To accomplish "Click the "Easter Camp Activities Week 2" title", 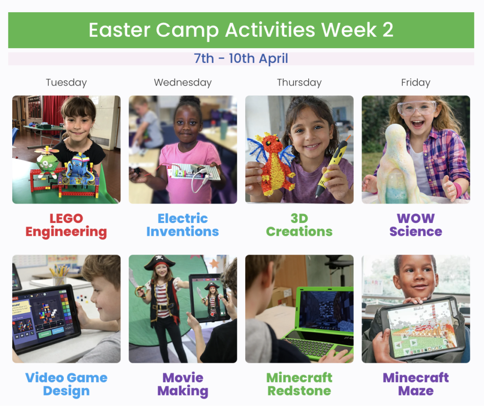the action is [x=241, y=30].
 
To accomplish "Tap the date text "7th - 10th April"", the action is [x=241, y=58].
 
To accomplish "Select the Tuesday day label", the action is [x=66, y=83].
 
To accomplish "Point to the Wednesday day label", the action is [x=183, y=83].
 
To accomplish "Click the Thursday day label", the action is [x=299, y=83].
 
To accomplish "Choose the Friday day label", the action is [x=416, y=83].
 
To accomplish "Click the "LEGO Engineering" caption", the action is [x=66, y=225].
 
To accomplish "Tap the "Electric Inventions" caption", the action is [x=183, y=225].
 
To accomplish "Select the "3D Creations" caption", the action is [x=299, y=225].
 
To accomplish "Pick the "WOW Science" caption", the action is [x=416, y=225].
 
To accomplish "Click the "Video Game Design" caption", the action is [x=66, y=384].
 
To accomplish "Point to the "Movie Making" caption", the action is [x=183, y=384].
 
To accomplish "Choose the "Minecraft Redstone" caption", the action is [x=299, y=384].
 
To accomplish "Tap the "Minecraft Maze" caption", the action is [x=416, y=384].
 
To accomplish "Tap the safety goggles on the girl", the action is [x=417, y=108].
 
